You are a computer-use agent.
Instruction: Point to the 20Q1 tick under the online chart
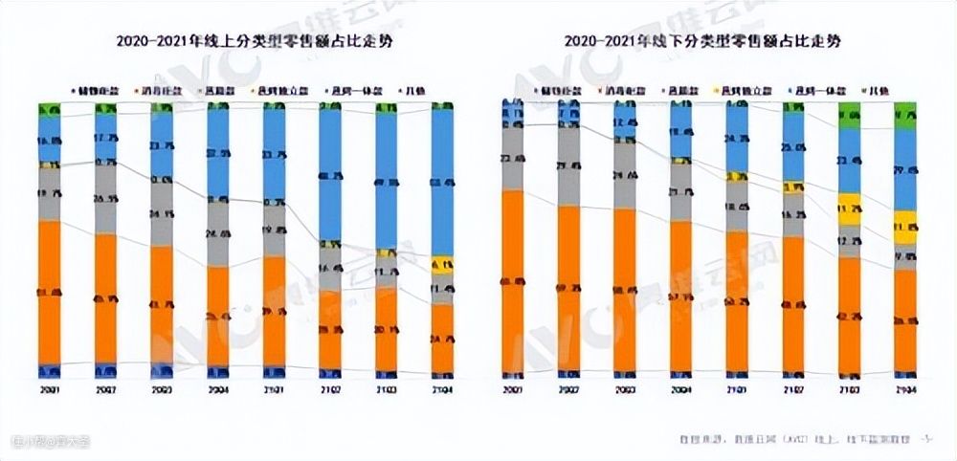click(49, 390)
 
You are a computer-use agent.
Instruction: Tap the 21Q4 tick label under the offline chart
click(905, 390)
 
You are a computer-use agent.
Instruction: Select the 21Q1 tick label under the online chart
click(274, 390)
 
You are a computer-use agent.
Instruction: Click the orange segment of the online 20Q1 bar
click(49, 292)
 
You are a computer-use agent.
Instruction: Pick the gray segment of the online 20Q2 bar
click(105, 199)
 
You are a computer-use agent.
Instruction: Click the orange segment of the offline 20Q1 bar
click(513, 282)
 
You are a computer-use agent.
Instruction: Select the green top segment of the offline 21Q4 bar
click(905, 115)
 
